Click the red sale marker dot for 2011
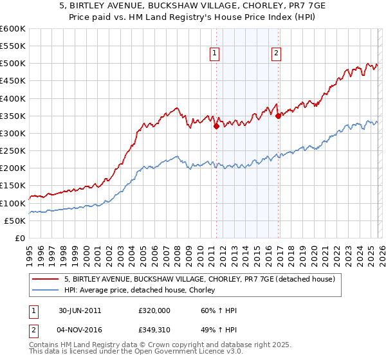[216, 127]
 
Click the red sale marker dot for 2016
[278, 116]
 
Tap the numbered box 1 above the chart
[214, 54]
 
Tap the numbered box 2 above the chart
[275, 54]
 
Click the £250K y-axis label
[13, 151]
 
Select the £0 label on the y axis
[19, 239]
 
